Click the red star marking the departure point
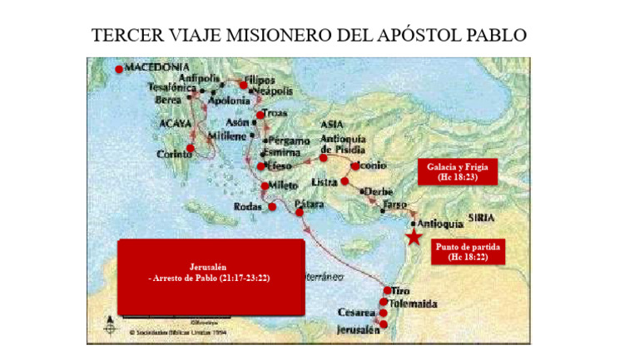[413, 237]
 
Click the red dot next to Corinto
[191, 149]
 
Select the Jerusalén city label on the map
[359, 330]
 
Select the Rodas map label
[247, 206]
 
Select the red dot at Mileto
[265, 185]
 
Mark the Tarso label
[394, 203]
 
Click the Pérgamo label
[288, 141]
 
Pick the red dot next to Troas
[260, 114]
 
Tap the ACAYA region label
[175, 123]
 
